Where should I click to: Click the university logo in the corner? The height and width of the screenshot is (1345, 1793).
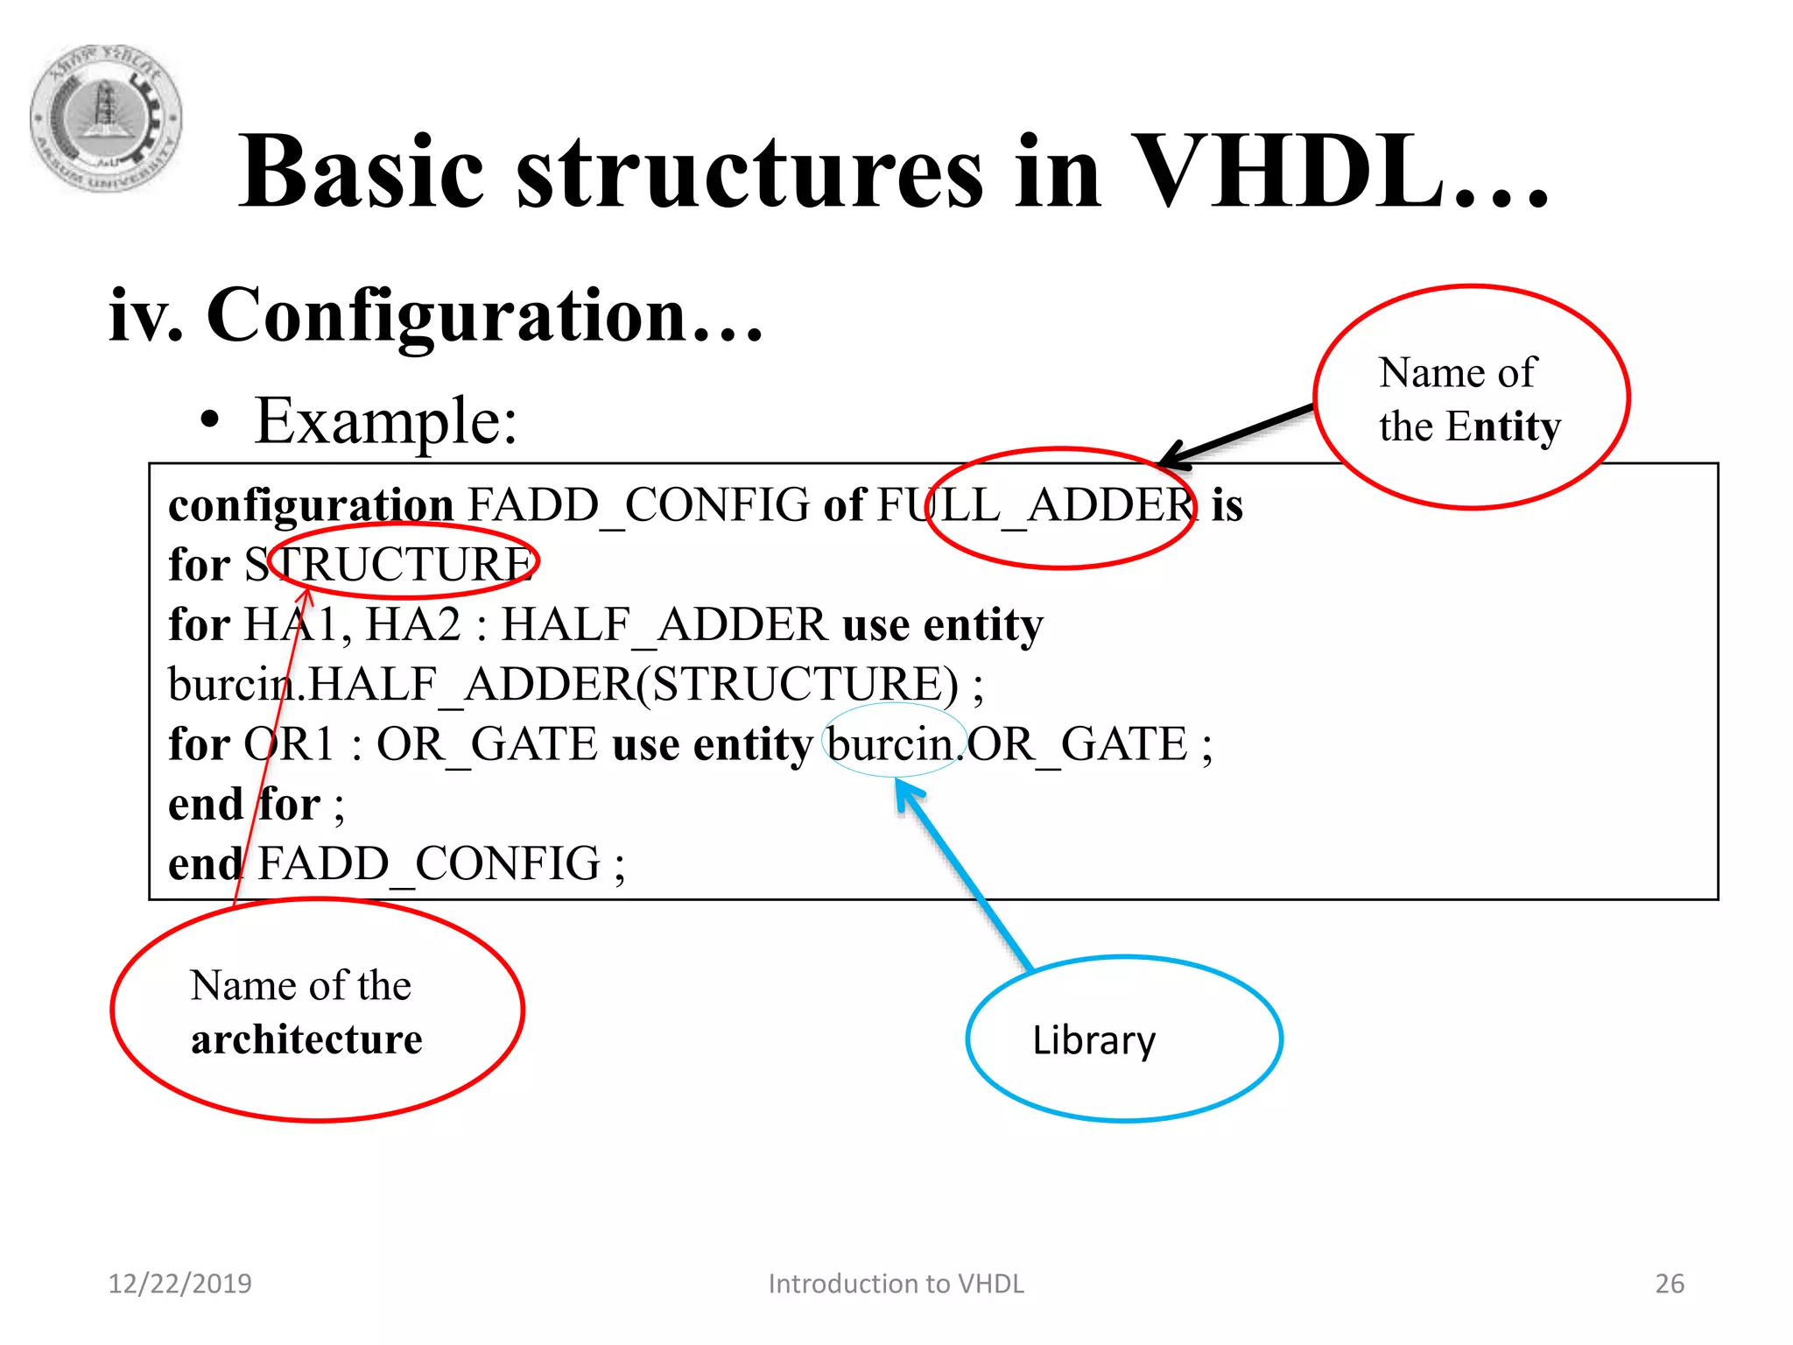pyautogui.click(x=106, y=118)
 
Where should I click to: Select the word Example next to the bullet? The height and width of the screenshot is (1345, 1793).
pyautogui.click(x=385, y=421)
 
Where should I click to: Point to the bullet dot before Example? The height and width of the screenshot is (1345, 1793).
pyautogui.click(x=209, y=421)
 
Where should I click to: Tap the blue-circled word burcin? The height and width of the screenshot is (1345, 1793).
pyautogui.click(x=890, y=744)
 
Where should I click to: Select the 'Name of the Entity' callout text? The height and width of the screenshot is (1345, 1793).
pyautogui.click(x=1468, y=399)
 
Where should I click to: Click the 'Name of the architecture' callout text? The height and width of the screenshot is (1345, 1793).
pyautogui.click(x=306, y=1012)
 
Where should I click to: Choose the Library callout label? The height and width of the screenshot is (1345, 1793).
pyautogui.click(x=1094, y=1040)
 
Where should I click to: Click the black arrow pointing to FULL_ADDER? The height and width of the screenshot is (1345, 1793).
pyautogui.click(x=1234, y=434)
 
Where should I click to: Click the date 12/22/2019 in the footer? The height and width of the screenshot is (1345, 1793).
pyautogui.click(x=179, y=1284)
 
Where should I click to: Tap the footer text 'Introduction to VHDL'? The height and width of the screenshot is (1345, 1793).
pyautogui.click(x=896, y=1284)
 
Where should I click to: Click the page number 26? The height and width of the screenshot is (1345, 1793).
pyautogui.click(x=1670, y=1284)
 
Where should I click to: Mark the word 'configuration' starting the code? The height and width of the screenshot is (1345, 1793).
pyautogui.click(x=311, y=505)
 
